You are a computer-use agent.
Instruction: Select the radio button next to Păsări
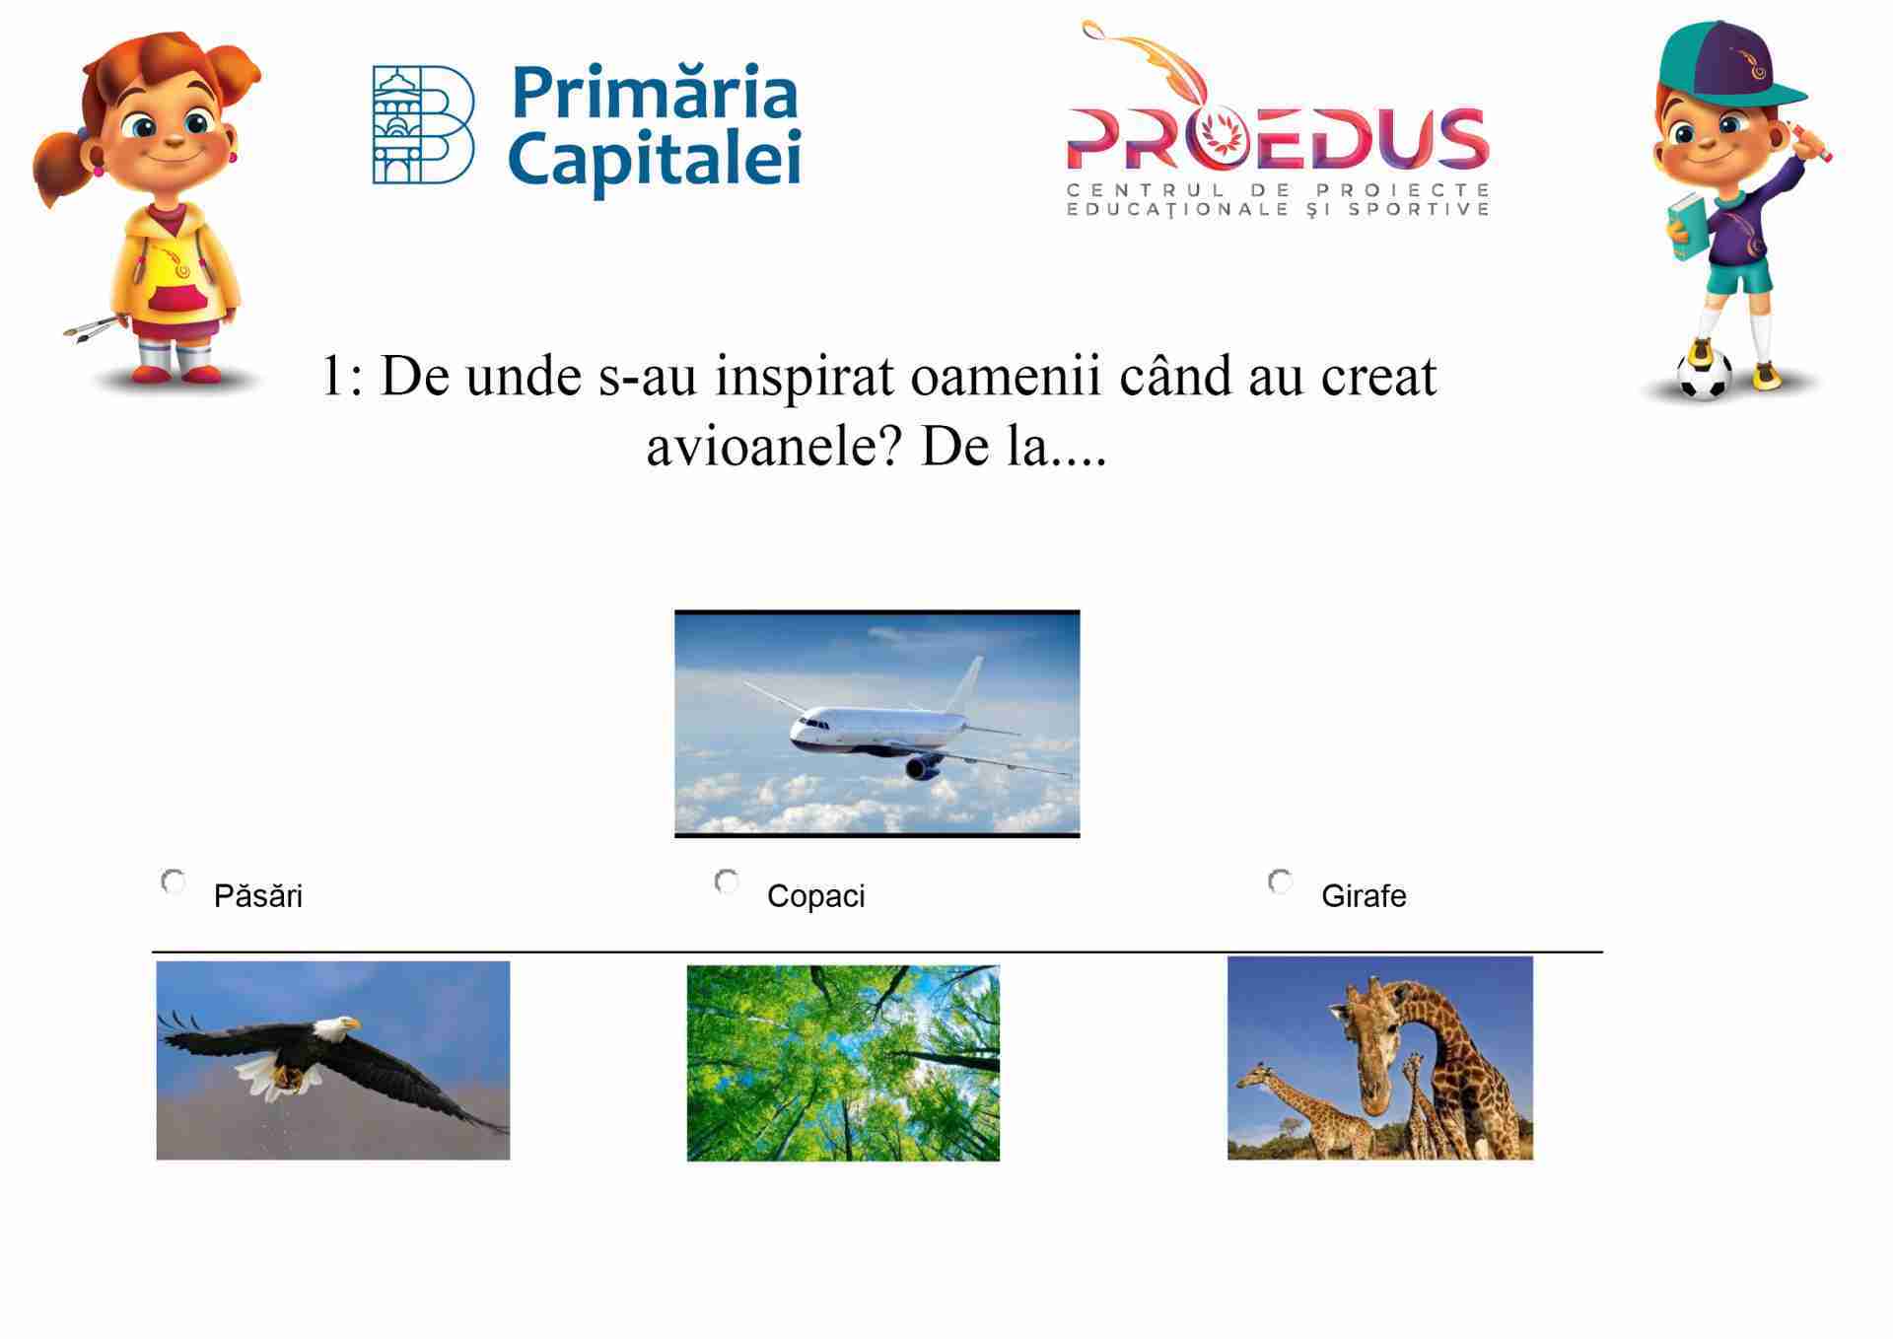[x=174, y=881]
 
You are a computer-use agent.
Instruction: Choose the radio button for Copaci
[x=727, y=881]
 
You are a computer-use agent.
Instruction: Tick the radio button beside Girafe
[x=1281, y=881]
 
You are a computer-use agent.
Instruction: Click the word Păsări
[x=258, y=895]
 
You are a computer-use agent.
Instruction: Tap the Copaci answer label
[x=816, y=896]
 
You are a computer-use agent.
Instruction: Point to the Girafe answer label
[x=1364, y=895]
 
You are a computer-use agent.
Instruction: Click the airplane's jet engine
[x=923, y=767]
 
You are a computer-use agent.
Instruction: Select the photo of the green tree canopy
[x=843, y=1063]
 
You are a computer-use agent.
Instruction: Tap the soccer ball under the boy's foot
[x=1704, y=374]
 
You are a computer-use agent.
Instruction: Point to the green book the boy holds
[x=1685, y=230]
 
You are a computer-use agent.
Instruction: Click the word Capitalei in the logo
[x=655, y=159]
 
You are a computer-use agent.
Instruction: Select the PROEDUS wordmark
[x=1278, y=137]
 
